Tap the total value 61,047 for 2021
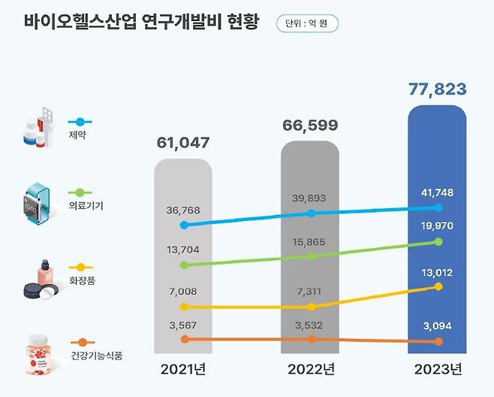click(x=183, y=143)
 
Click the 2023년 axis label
click(x=438, y=370)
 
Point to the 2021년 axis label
click(x=183, y=370)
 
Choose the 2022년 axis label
click(x=310, y=370)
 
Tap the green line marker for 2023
click(x=439, y=242)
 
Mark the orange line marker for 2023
click(x=439, y=342)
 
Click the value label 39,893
click(x=310, y=198)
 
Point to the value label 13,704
click(x=183, y=249)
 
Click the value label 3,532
click(x=310, y=324)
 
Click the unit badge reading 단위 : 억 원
click(x=307, y=23)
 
